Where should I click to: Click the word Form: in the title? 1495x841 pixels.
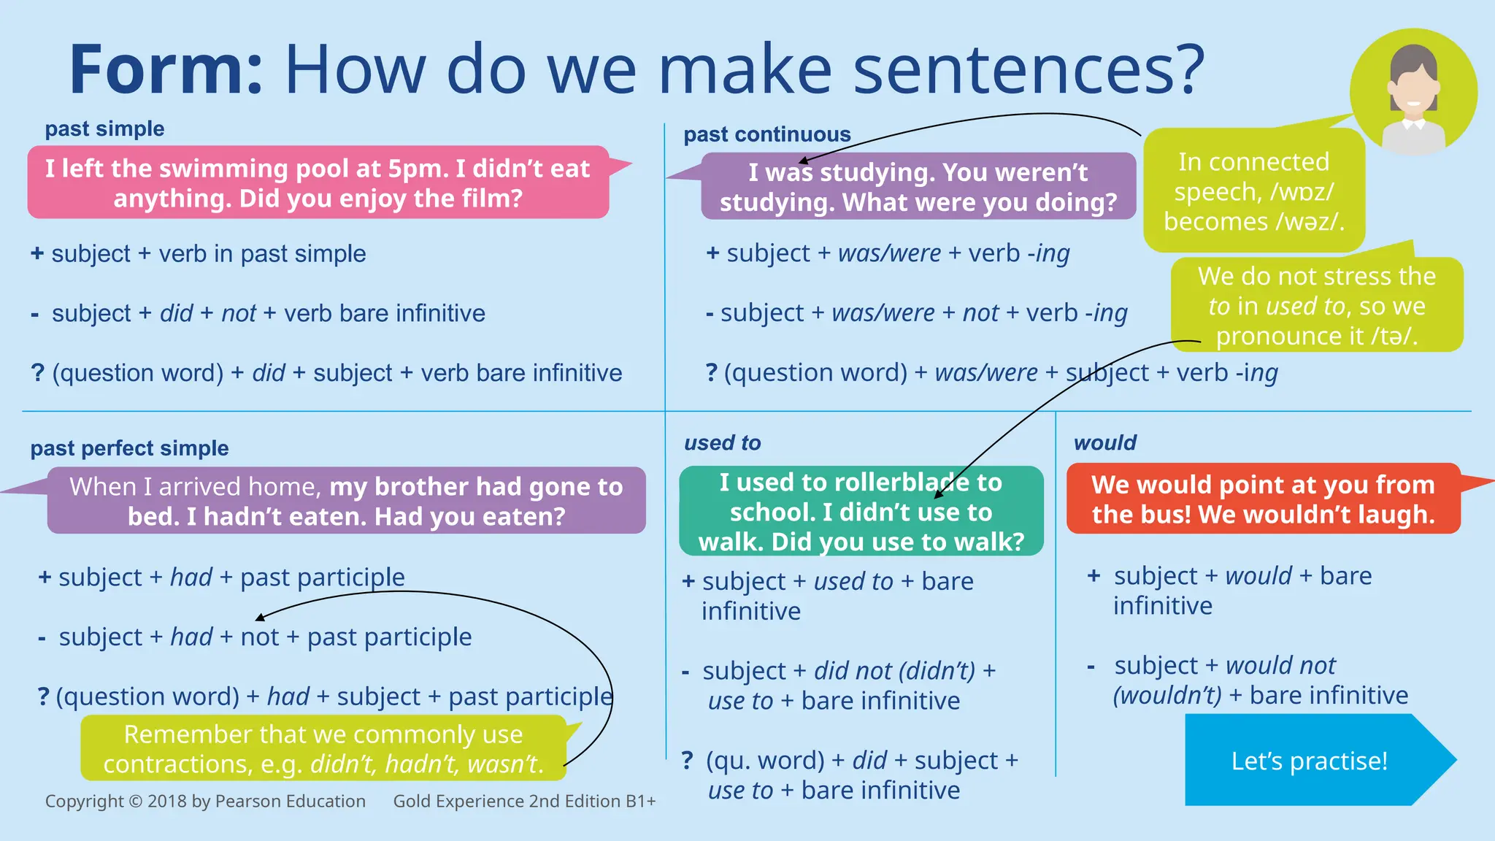tap(166, 70)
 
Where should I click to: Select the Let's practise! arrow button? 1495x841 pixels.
tap(1309, 761)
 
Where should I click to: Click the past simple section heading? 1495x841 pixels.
tap(104, 129)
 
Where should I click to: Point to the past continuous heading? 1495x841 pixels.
tap(766, 135)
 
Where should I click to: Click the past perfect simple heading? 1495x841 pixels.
tap(129, 448)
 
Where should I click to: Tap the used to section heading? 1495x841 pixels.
tap(722, 443)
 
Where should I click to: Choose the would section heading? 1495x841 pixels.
tap(1105, 443)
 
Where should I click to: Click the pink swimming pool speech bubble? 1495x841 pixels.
tap(318, 183)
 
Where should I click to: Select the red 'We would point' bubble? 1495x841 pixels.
tap(1263, 499)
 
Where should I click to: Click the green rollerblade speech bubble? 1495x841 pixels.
tap(861, 512)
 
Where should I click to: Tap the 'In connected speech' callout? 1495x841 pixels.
tap(1253, 191)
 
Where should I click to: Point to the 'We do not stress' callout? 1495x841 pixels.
tap(1316, 306)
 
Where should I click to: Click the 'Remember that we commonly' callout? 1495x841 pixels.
tap(323, 749)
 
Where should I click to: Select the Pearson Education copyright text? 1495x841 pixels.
tap(205, 802)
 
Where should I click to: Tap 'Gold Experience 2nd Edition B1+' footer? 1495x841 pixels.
tap(524, 802)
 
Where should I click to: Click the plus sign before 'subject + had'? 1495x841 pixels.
tap(45, 577)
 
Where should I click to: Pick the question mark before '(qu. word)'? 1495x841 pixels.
tap(687, 761)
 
